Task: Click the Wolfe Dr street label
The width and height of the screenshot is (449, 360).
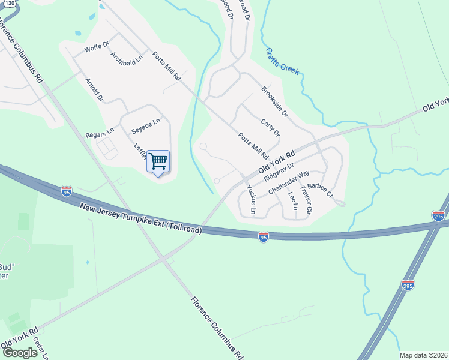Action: [x=97, y=47]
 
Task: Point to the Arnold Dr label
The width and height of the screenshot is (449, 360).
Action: [x=94, y=89]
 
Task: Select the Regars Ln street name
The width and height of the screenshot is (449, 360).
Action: [x=100, y=131]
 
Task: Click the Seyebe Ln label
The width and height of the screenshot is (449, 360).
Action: [x=146, y=125]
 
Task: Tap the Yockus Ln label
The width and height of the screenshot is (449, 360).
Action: [x=252, y=199]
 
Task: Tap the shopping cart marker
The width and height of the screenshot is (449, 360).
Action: [x=158, y=161]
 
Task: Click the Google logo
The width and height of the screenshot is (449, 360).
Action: [x=20, y=352]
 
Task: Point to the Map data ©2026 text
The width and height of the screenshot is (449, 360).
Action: [x=423, y=355]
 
